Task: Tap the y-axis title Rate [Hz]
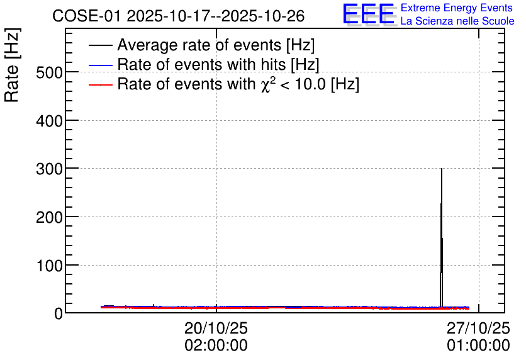click(x=12, y=65)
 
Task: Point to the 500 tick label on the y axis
click(x=49, y=72)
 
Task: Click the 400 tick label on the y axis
click(x=49, y=121)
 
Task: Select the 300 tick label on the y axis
click(x=49, y=169)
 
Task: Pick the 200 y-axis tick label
click(x=49, y=217)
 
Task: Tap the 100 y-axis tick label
click(x=49, y=266)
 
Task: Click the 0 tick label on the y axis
click(x=59, y=314)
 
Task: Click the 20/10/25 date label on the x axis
click(x=216, y=328)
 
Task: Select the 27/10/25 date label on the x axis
click(x=478, y=328)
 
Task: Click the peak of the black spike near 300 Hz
click(x=442, y=169)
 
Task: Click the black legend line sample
click(x=100, y=45)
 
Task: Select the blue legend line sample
click(x=100, y=65)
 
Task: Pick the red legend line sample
click(x=100, y=84)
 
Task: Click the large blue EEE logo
click(x=369, y=14)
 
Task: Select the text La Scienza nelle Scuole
click(x=457, y=21)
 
